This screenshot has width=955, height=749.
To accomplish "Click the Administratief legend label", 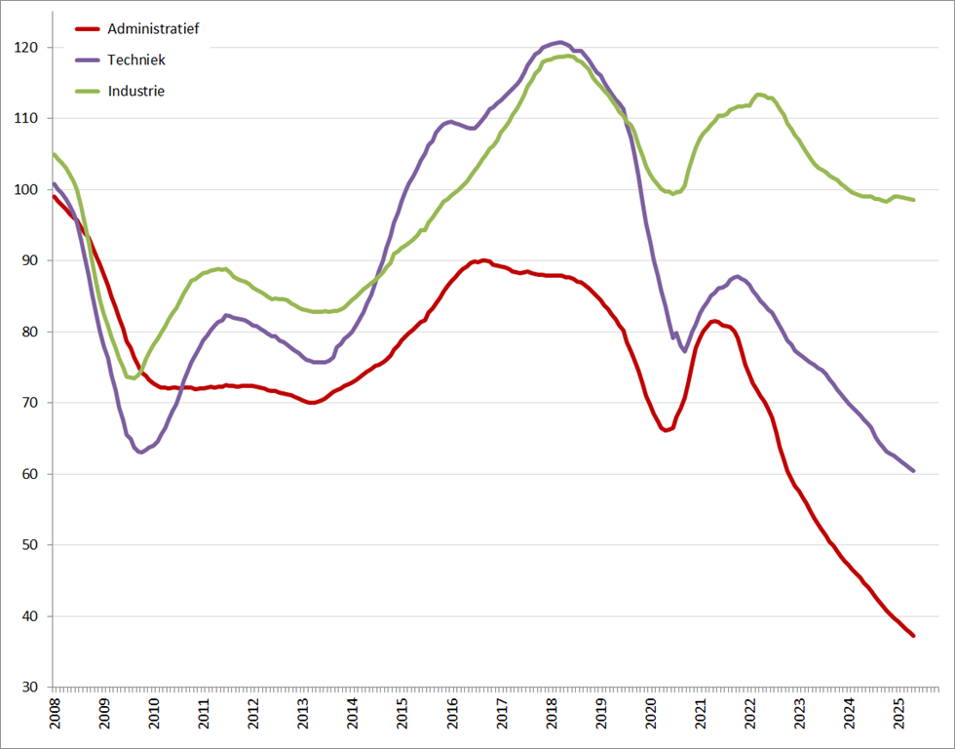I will [x=153, y=29].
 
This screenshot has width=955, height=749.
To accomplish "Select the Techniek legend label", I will [x=136, y=59].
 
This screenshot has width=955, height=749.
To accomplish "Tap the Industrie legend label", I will [x=136, y=91].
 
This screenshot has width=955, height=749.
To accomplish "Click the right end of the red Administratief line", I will [x=913, y=636].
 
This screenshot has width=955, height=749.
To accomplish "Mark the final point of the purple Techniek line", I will [x=913, y=471].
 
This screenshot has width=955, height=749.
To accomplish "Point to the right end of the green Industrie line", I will [x=913, y=200].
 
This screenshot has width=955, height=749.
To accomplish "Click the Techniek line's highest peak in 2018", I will [x=558, y=42].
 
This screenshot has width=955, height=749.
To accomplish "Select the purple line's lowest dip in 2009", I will [x=141, y=452].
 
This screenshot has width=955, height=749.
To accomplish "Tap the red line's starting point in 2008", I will [x=54, y=196].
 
